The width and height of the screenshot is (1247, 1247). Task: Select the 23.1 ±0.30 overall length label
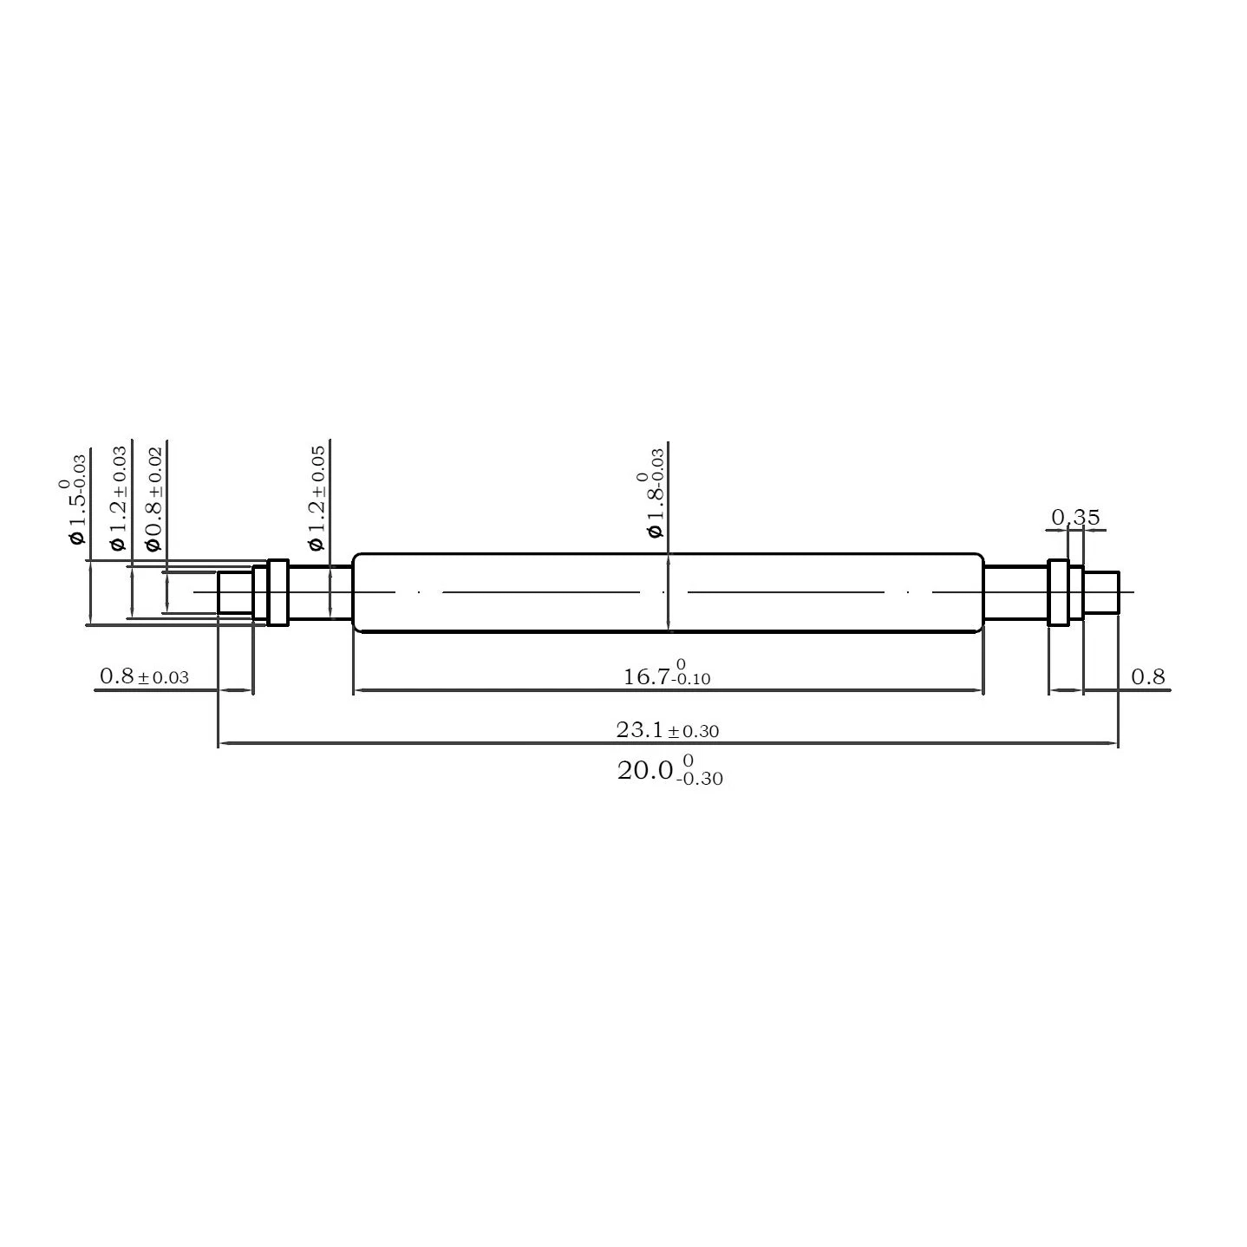pos(667,730)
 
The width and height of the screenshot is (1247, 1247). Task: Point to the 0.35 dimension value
pos(1075,518)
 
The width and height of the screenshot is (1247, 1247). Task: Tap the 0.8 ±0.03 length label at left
pos(144,676)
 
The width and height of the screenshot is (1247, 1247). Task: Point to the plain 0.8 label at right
pos(1148,676)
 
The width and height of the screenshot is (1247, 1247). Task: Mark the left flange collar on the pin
pos(277,592)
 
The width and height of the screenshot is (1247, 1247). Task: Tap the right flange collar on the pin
pos(1058,592)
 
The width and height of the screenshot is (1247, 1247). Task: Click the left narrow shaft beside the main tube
pos(320,592)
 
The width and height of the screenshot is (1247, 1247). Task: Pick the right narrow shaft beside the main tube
pos(1015,592)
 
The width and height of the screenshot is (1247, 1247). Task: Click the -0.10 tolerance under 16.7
pos(690,680)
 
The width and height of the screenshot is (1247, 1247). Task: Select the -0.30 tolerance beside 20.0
pos(701,779)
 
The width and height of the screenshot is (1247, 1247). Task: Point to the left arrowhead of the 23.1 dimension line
pos(224,743)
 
